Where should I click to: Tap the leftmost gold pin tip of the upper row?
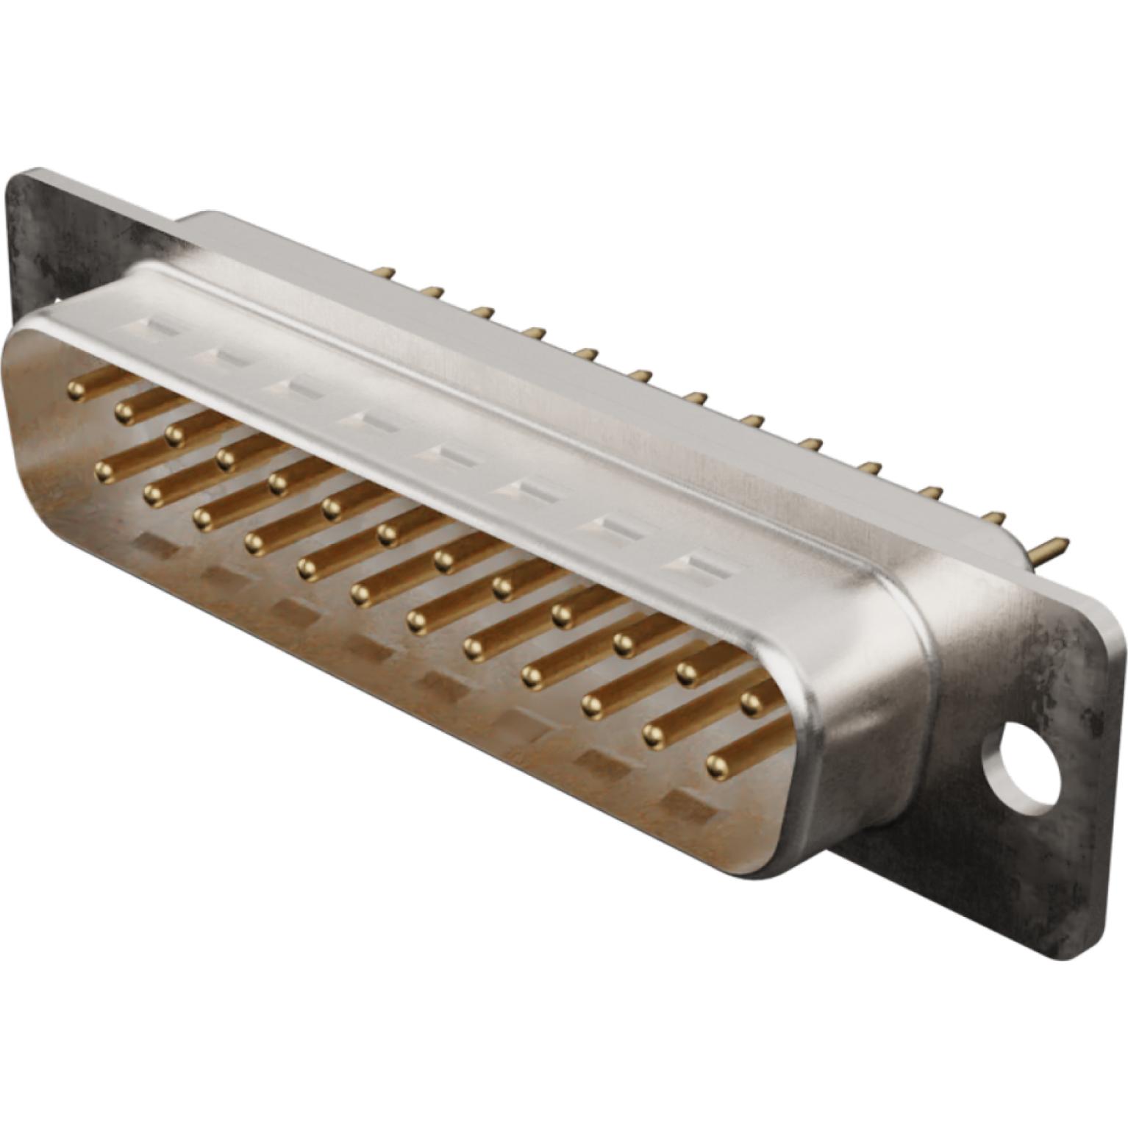click(75, 390)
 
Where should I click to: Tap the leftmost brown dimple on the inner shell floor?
click(151, 545)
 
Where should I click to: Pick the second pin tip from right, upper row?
click(688, 671)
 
